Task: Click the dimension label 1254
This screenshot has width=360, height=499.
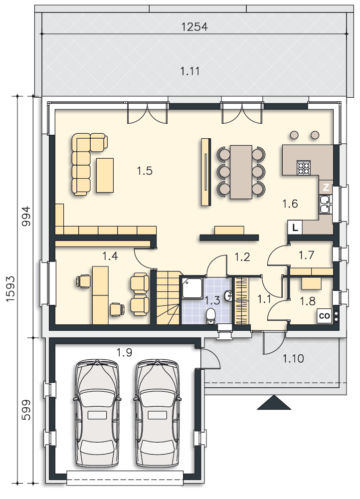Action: (x=194, y=27)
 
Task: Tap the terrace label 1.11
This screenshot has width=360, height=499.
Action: (x=190, y=71)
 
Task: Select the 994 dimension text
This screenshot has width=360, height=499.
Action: (x=26, y=216)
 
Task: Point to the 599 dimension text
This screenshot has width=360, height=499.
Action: (x=26, y=410)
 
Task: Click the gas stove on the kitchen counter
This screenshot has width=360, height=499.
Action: (x=303, y=168)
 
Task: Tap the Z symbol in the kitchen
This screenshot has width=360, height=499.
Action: (x=326, y=188)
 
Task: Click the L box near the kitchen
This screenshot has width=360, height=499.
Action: (x=295, y=228)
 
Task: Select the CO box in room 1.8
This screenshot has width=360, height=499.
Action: (x=325, y=316)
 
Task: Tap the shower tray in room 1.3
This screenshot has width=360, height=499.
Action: (x=192, y=288)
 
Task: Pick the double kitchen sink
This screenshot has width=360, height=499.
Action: (x=325, y=204)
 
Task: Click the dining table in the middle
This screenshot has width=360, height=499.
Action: (x=241, y=172)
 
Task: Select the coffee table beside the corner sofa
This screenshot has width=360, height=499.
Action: (x=105, y=175)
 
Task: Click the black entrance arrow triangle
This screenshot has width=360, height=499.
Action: (x=274, y=402)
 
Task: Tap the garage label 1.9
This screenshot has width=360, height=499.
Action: (x=124, y=353)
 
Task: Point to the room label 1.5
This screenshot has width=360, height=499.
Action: (x=145, y=171)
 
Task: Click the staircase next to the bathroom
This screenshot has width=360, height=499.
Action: (x=168, y=298)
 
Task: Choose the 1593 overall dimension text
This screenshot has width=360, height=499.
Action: (x=10, y=288)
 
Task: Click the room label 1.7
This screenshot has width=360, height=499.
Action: (x=307, y=255)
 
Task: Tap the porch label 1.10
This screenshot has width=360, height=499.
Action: (x=293, y=359)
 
